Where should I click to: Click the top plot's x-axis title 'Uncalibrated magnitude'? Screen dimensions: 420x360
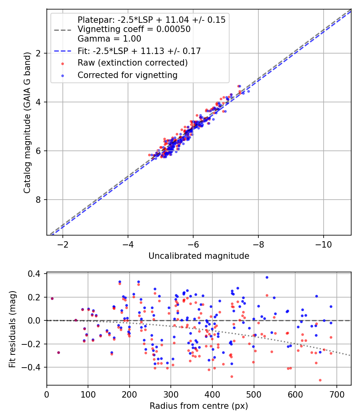(x=199, y=256)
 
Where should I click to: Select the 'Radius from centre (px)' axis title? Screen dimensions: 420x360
(x=199, y=406)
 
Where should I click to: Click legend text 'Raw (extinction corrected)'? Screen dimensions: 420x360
(x=132, y=63)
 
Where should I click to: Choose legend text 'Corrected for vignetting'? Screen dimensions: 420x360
(x=127, y=75)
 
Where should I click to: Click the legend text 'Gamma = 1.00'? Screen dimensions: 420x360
(x=109, y=39)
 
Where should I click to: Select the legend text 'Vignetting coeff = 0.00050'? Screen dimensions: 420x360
(x=134, y=29)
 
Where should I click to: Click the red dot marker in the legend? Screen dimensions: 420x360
(x=62, y=63)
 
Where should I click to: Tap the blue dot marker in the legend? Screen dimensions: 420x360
(x=62, y=75)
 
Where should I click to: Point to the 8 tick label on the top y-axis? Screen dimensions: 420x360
(x=39, y=200)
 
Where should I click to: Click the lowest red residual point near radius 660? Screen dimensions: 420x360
(x=320, y=380)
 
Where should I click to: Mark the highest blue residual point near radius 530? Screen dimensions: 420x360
(x=267, y=277)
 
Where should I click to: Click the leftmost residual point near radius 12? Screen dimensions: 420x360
(x=52, y=298)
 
